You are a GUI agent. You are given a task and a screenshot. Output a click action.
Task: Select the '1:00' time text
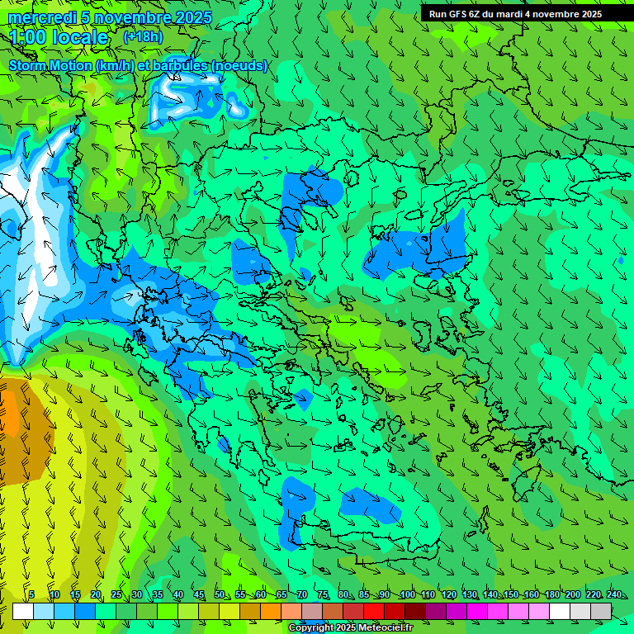click(28, 37)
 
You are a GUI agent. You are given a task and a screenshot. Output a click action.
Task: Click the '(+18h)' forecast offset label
click(143, 36)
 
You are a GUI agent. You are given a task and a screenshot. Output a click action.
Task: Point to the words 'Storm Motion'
click(50, 65)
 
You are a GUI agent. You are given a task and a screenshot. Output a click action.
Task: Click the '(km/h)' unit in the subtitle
click(117, 65)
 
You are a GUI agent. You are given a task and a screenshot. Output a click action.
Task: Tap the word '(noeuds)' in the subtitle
click(239, 65)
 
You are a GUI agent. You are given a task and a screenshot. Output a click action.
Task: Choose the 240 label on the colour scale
click(614, 594)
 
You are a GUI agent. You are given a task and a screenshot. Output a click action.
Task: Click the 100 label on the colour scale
click(407, 594)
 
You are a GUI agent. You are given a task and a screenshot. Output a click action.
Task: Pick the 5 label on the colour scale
click(31, 594)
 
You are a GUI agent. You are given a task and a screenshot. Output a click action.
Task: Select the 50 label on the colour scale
click(220, 594)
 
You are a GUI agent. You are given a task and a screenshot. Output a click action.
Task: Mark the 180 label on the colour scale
click(551, 594)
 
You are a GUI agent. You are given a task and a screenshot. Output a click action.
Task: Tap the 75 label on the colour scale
click(323, 594)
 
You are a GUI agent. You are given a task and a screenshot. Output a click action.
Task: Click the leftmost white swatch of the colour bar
click(22, 611)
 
